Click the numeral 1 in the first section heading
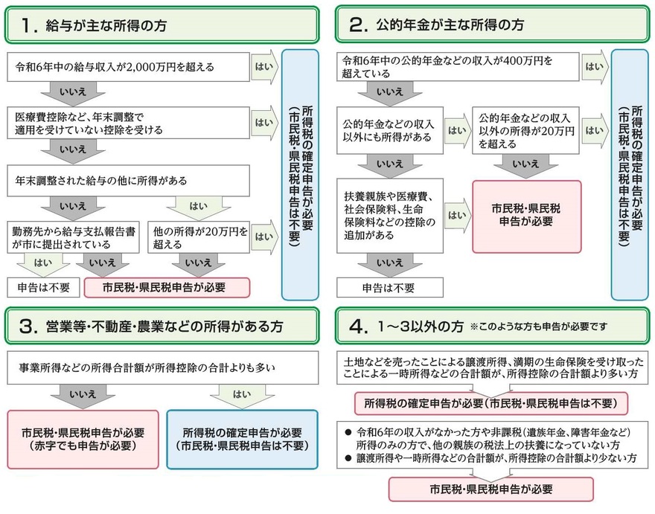(x=28, y=25)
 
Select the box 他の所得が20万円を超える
(x=198, y=237)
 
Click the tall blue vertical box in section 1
(x=302, y=175)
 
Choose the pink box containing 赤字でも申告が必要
(x=83, y=439)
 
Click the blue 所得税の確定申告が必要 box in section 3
(x=243, y=439)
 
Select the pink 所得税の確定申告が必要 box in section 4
(x=492, y=403)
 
